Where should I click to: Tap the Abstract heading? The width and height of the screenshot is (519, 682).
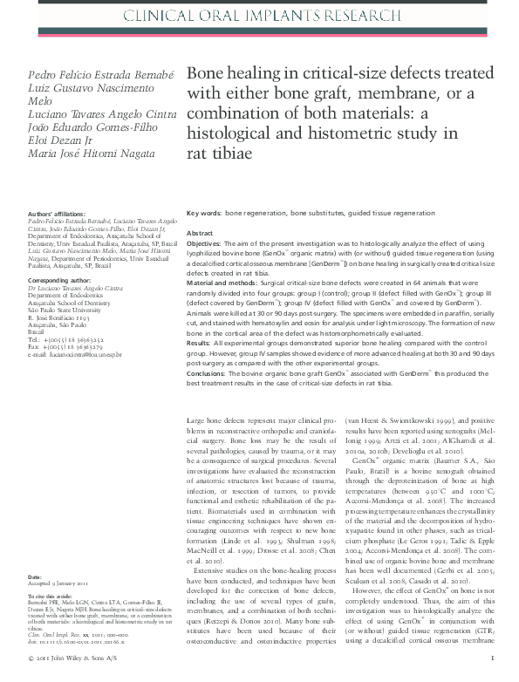[200, 235]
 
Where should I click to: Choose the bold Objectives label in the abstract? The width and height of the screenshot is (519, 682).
[208, 245]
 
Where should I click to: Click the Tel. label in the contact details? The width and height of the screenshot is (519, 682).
[33, 338]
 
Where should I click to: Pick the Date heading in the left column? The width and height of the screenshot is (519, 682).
[35, 577]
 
